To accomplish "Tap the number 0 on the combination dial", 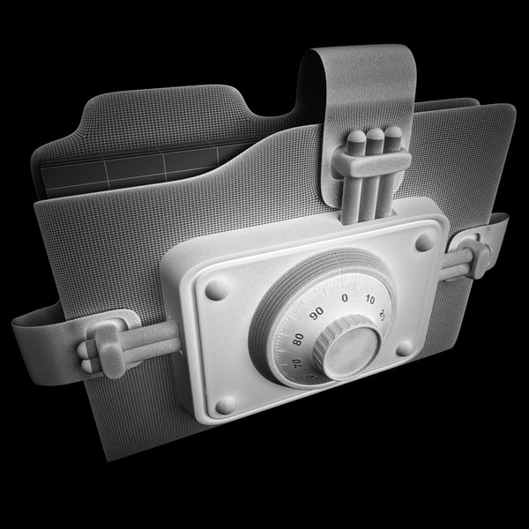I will [x=344, y=298].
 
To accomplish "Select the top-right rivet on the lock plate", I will [x=425, y=241].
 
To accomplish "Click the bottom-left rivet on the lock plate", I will [x=226, y=404].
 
